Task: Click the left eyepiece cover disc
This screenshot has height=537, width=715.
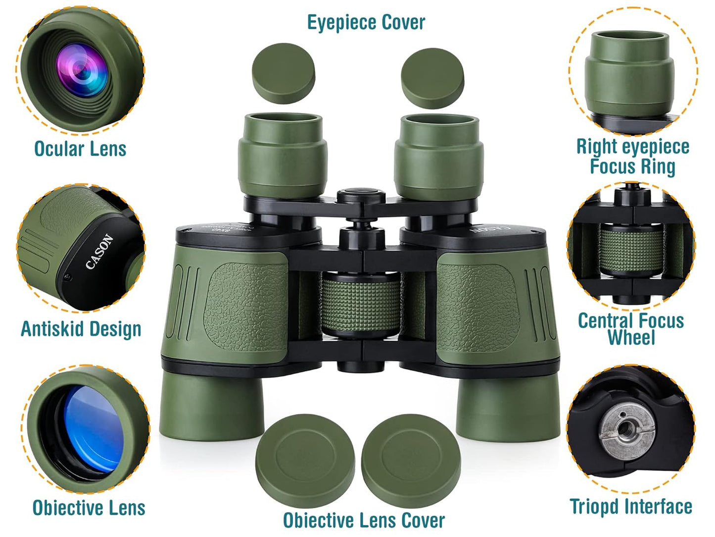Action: [x=284, y=73]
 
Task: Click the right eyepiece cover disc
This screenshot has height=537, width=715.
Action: [x=432, y=78]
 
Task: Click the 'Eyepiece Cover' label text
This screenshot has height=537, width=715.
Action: [x=366, y=22]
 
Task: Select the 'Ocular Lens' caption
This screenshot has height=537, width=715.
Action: [x=80, y=149]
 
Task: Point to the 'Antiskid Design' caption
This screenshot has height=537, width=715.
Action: [x=81, y=329]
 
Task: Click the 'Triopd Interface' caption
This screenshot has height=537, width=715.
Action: [x=631, y=507]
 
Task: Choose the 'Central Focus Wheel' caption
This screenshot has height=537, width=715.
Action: [x=631, y=329]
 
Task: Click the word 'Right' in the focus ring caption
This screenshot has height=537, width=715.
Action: [x=597, y=147]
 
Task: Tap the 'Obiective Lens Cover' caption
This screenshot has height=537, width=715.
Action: [x=364, y=521]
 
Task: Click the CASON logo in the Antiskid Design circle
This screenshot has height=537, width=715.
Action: [x=99, y=252]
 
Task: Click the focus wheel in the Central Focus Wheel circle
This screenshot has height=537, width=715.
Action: [x=631, y=248]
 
